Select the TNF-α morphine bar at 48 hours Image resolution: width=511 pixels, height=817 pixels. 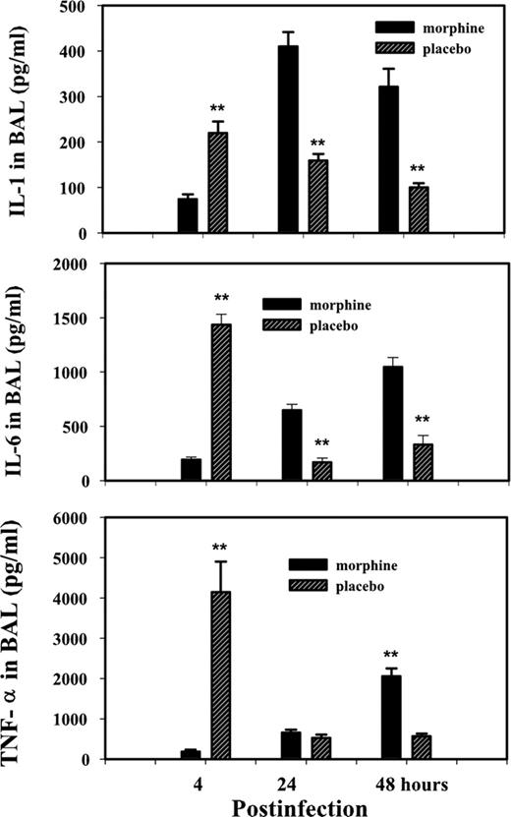(x=391, y=718)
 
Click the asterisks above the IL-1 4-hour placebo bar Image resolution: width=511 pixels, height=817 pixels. (x=219, y=108)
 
